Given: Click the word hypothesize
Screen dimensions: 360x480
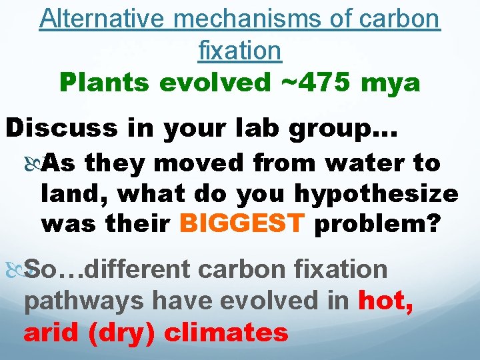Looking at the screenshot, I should click(376, 195).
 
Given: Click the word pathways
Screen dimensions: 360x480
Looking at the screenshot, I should click(80, 301).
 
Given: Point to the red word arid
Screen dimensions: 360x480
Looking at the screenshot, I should click(52, 331).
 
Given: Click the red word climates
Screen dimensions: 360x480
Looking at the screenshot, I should click(226, 331).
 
